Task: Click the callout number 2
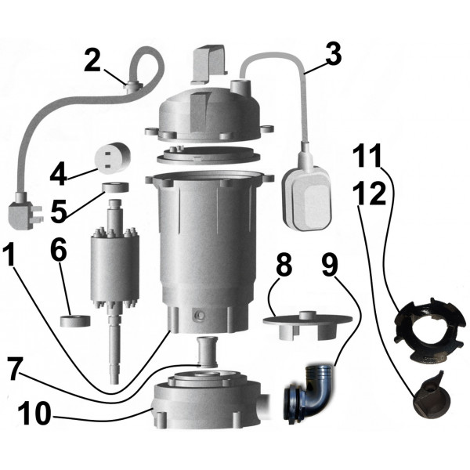coord(93,61)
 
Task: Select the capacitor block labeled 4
coord(111,156)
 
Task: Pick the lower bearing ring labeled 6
coord(75,320)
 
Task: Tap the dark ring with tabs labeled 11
coord(423,326)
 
